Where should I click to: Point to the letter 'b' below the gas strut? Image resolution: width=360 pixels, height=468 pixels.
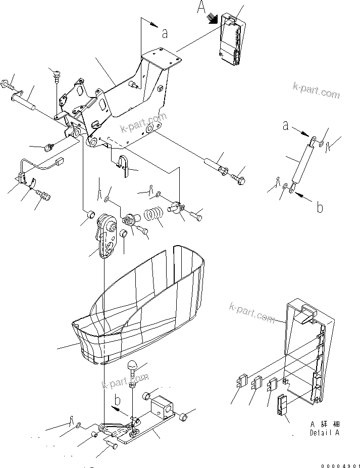coord(319,207)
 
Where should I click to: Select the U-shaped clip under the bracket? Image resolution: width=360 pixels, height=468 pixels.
coord(123,165)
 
